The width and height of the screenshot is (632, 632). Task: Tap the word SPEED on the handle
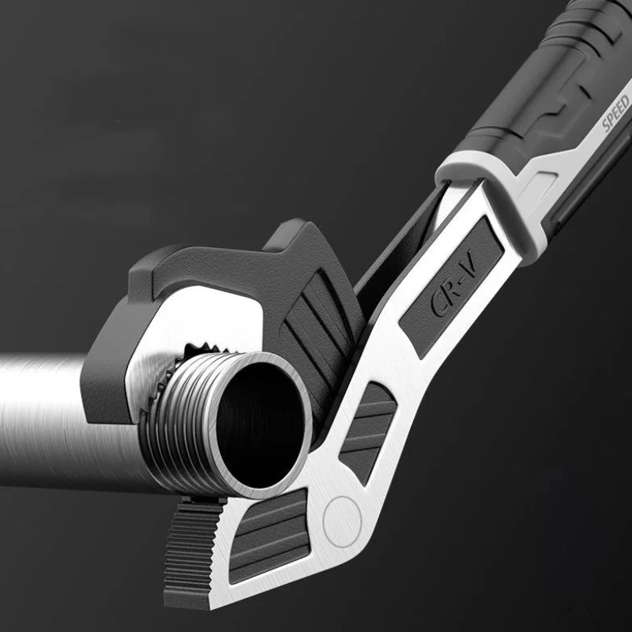(x=616, y=113)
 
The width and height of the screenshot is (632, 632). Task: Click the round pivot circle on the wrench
(x=342, y=521)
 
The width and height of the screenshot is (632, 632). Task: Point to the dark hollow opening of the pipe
(x=260, y=424)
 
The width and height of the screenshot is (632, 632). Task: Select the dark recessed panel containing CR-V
(x=452, y=287)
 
